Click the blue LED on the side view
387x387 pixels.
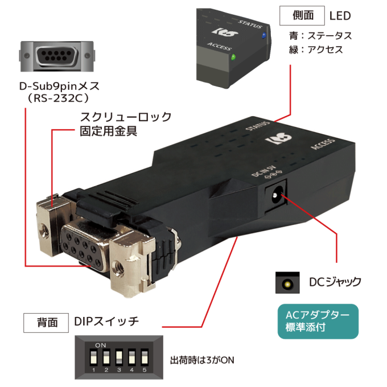click(x=264, y=35)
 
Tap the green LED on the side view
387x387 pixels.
click(x=233, y=57)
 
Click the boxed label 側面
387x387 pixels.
click(x=302, y=16)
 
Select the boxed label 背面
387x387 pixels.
click(x=46, y=323)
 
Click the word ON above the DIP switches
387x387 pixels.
click(x=101, y=345)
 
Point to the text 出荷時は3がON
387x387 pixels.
click(x=202, y=360)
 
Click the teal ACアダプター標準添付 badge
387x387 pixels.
click(x=318, y=322)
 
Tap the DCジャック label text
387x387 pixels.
click(x=335, y=282)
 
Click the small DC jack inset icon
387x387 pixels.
click(x=287, y=283)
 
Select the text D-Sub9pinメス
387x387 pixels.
click(x=59, y=87)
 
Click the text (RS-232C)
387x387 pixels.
click(x=58, y=98)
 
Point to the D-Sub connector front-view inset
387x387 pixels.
click(x=57, y=56)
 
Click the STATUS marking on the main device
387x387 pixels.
click(x=257, y=126)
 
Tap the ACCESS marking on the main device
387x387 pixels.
click(x=323, y=144)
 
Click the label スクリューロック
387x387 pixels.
click(x=126, y=117)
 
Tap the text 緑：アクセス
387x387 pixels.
click(x=316, y=50)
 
